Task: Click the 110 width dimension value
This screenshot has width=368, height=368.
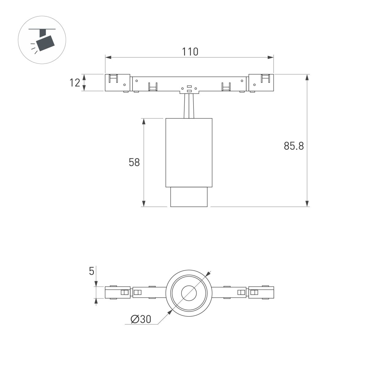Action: click(x=190, y=52)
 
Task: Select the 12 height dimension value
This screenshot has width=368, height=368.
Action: click(x=75, y=83)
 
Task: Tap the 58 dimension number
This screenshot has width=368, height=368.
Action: click(x=134, y=162)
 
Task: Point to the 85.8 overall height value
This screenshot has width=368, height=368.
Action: click(x=293, y=146)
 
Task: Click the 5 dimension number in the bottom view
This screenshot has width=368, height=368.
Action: click(x=91, y=271)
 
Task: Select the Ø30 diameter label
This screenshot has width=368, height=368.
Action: click(x=141, y=319)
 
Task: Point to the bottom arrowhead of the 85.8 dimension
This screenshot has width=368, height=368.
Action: click(x=307, y=203)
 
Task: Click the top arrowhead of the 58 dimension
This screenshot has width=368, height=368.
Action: click(x=144, y=121)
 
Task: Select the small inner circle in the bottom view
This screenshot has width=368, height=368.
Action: click(x=189, y=293)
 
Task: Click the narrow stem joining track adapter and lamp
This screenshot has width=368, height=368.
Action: click(x=189, y=106)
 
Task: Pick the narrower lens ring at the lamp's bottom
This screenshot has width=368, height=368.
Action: click(x=189, y=197)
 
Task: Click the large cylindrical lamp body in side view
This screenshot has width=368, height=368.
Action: click(x=189, y=152)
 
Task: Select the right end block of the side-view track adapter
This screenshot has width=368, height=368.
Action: click(x=261, y=83)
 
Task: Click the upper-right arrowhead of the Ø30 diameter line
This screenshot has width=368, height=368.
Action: click(x=209, y=273)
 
